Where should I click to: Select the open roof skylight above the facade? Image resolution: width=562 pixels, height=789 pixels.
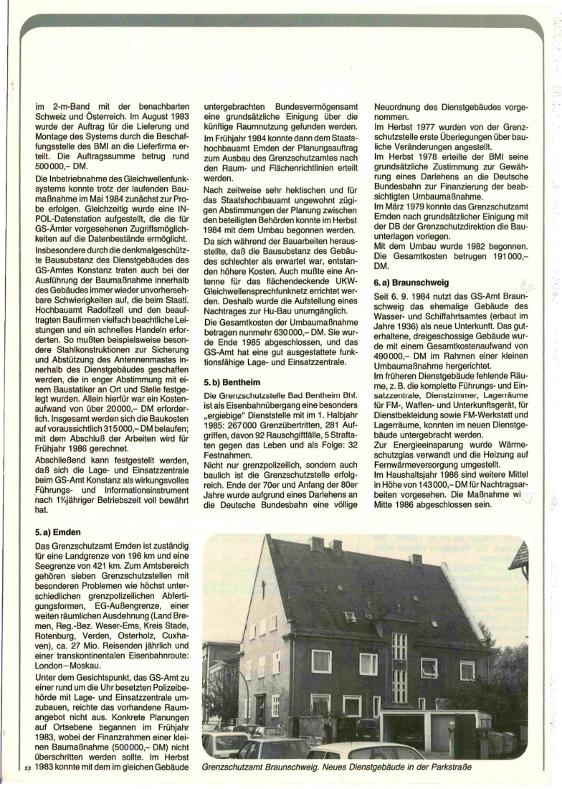coord(350,615)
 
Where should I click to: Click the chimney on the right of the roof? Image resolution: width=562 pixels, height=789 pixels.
coord(415,559)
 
